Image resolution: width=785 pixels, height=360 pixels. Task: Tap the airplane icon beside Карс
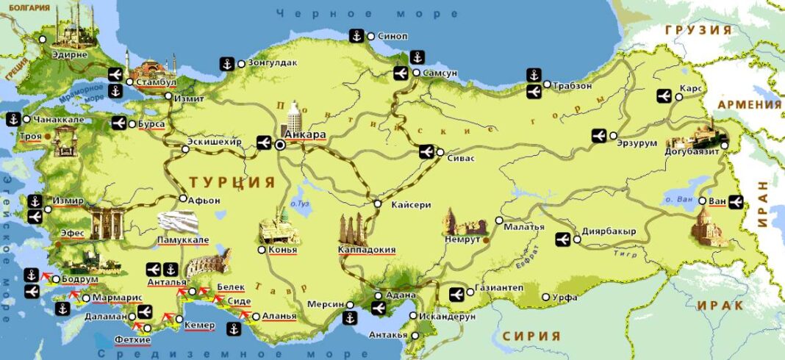pos(664,96)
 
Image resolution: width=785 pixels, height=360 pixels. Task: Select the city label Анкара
pos(305,136)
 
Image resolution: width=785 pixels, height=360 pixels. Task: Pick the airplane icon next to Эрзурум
pos(598,136)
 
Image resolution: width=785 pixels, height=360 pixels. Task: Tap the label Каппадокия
pos(366,250)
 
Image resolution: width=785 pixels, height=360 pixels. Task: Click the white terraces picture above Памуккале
pos(179,223)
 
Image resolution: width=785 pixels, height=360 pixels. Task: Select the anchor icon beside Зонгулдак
pos(228,63)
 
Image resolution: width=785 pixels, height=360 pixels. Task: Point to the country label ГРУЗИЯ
pos(698,30)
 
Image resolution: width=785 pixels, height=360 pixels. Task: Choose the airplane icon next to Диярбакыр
pos(564,238)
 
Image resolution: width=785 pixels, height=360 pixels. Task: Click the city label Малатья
pos(524,227)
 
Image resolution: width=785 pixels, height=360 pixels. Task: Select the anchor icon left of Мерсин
pos(351,318)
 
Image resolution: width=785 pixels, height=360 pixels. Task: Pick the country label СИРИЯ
pos(531,336)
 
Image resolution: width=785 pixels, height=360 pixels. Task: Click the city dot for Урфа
pos(545,297)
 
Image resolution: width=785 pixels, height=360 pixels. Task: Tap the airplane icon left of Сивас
pos(426,152)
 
